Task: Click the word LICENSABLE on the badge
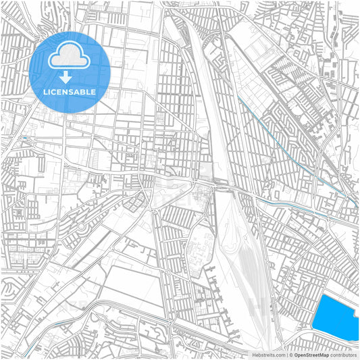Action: click(70, 91)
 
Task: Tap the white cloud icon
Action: click(70, 56)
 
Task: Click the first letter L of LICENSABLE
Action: click(45, 91)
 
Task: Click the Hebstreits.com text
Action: click(268, 354)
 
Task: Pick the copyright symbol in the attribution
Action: click(290, 354)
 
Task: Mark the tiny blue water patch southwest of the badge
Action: click(26, 138)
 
